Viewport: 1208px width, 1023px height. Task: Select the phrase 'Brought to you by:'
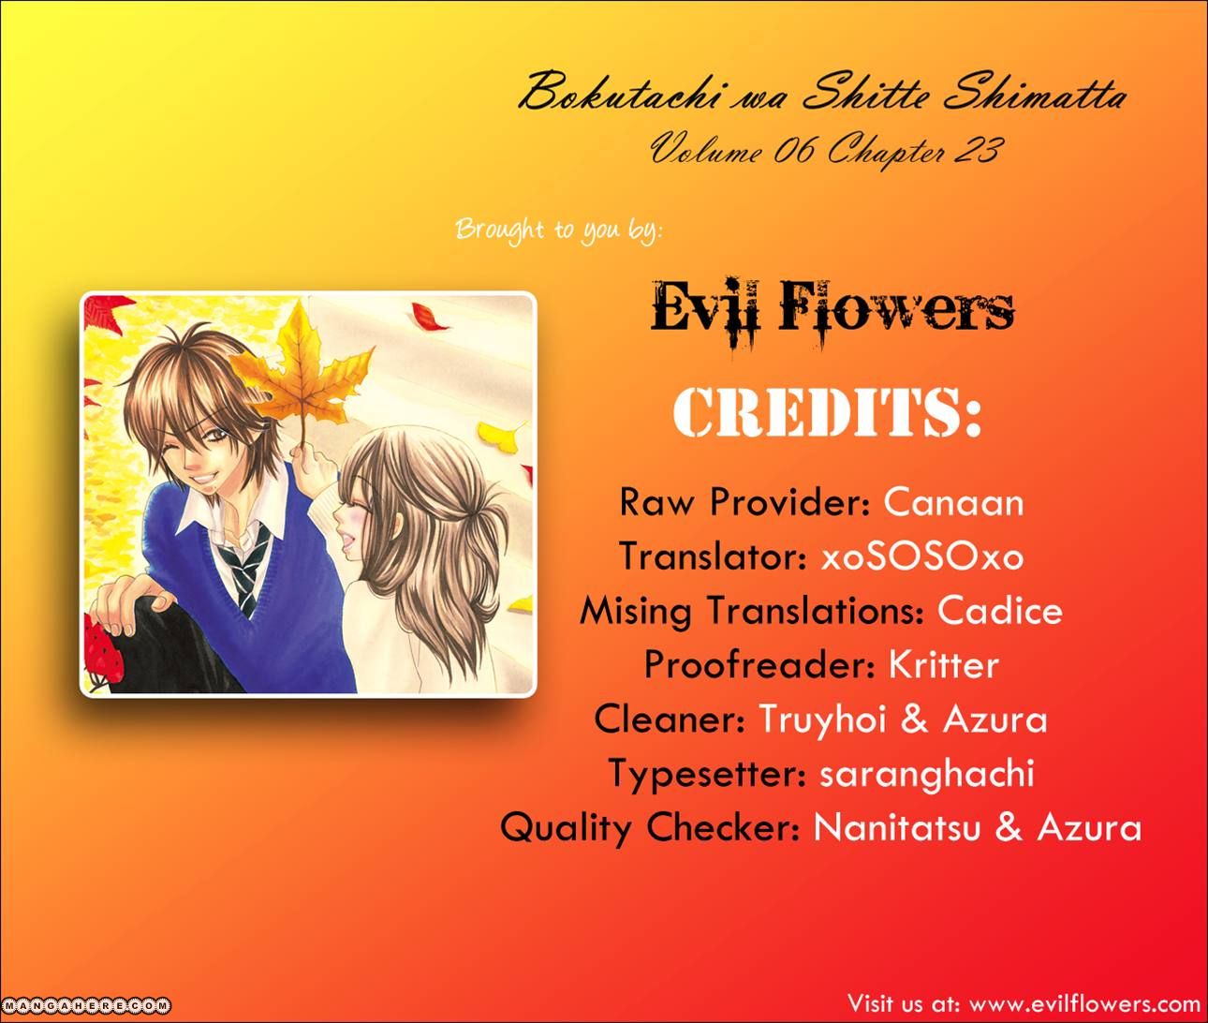point(559,230)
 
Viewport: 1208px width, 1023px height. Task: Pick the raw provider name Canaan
point(953,502)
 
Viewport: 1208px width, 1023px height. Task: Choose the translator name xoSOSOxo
point(922,556)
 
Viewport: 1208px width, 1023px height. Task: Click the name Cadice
point(999,611)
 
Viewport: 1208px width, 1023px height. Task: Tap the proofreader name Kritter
point(943,664)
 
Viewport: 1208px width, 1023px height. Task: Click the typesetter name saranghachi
point(927,774)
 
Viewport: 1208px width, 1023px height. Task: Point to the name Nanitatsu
point(896,828)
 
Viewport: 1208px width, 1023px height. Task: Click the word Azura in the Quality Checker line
point(1089,828)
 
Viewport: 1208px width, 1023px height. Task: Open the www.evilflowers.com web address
point(1084,1004)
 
